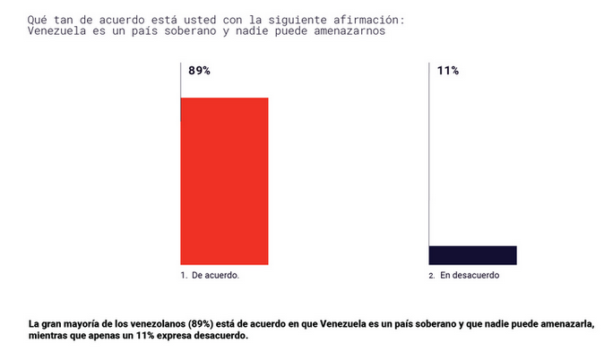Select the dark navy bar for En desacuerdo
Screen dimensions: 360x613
tap(473, 255)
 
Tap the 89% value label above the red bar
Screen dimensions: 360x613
tap(199, 71)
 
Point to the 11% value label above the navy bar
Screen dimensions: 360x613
tap(447, 71)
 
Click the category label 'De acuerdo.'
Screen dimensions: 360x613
tap(215, 277)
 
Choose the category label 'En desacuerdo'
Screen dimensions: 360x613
tap(470, 277)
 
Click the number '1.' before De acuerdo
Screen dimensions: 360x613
tap(184, 277)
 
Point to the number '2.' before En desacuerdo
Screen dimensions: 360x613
tap(432, 277)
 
